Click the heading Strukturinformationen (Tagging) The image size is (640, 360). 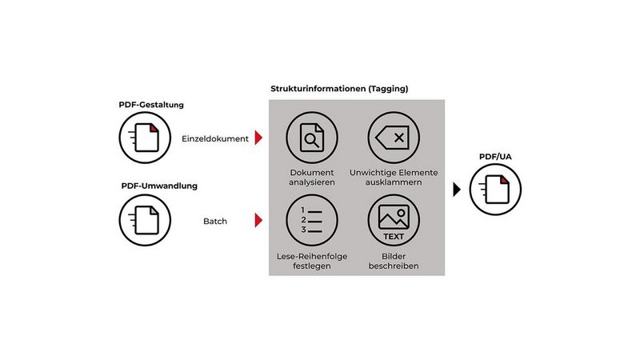(x=339, y=89)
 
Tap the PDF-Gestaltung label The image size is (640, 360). (x=152, y=104)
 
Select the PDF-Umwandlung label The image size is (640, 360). (x=159, y=186)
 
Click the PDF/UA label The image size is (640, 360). (x=490, y=156)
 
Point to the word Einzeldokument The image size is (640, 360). (x=215, y=138)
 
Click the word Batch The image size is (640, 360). (x=215, y=220)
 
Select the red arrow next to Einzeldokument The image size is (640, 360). (x=258, y=138)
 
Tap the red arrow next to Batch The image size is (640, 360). (x=258, y=220)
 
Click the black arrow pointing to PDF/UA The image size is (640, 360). (x=457, y=190)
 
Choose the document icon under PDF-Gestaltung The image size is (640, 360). (x=144, y=138)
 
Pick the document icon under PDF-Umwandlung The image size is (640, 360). (x=144, y=218)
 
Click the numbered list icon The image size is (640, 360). (x=311, y=219)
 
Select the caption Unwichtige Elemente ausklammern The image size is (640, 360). (x=394, y=178)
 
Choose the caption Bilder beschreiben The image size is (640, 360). (x=394, y=261)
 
